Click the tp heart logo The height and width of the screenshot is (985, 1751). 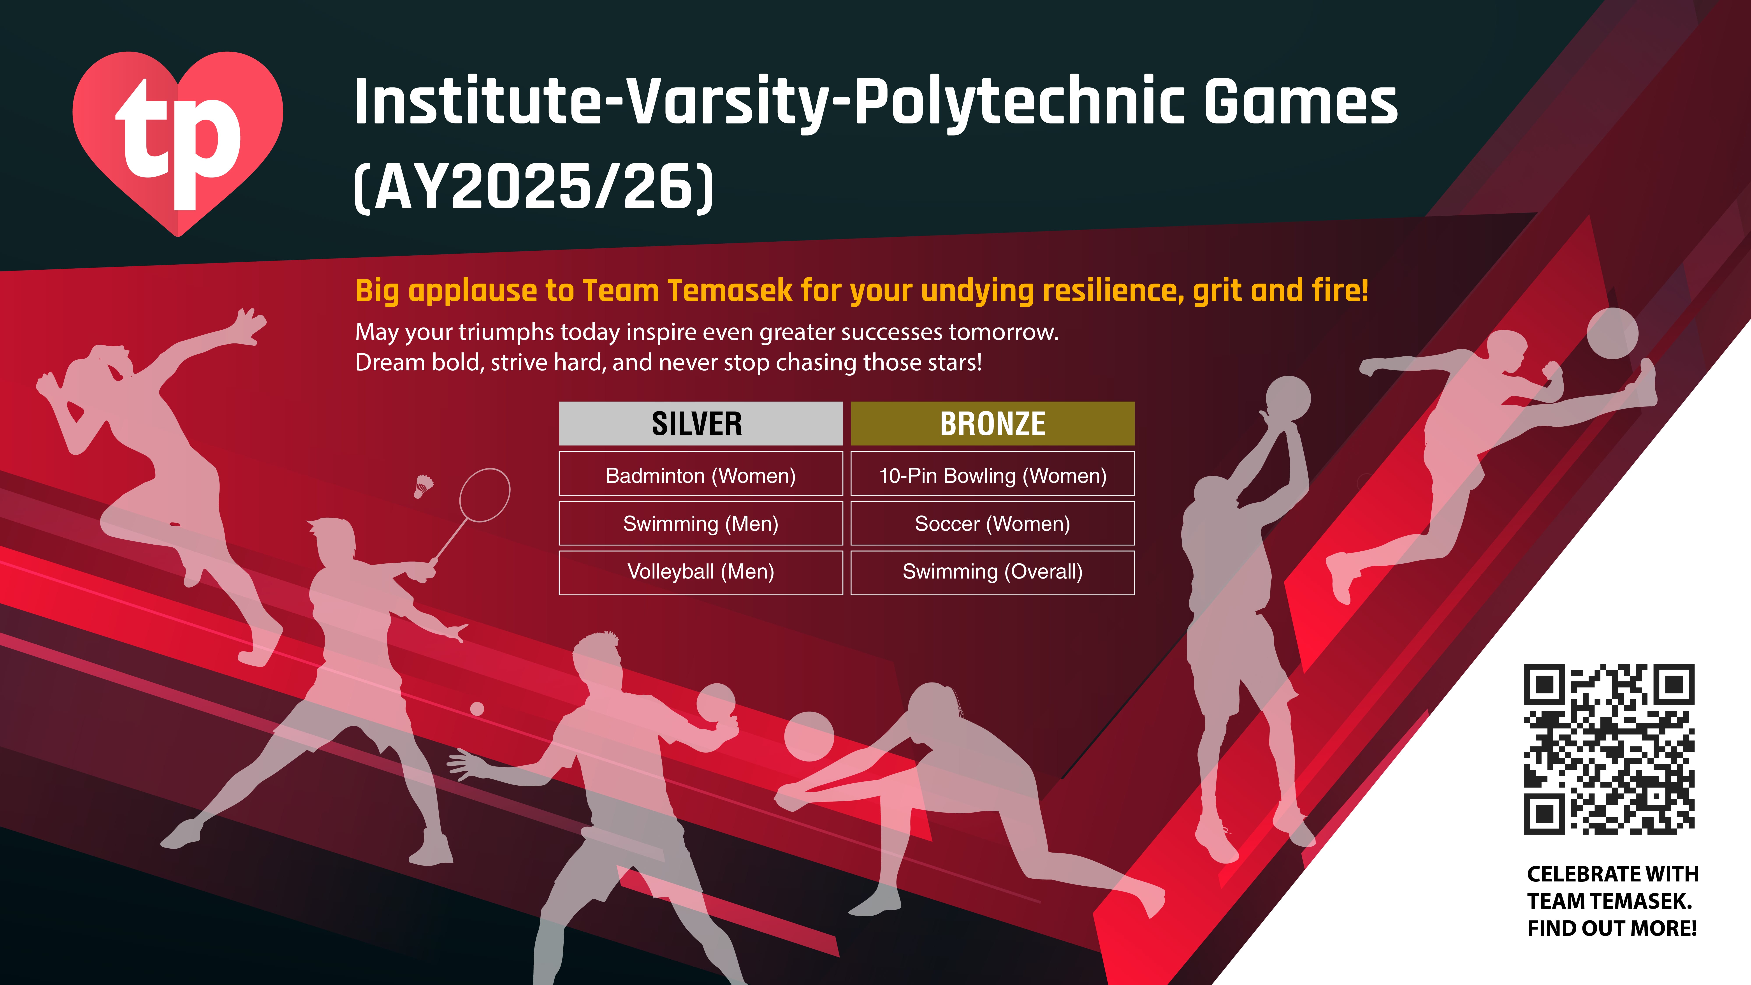click(x=178, y=143)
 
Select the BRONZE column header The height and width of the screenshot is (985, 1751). click(x=992, y=424)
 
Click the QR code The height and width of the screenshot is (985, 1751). click(x=1609, y=749)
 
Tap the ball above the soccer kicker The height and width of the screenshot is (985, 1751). click(x=1612, y=333)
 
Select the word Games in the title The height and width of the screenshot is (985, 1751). click(x=1300, y=102)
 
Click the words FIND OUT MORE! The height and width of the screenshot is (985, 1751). click(x=1612, y=929)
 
